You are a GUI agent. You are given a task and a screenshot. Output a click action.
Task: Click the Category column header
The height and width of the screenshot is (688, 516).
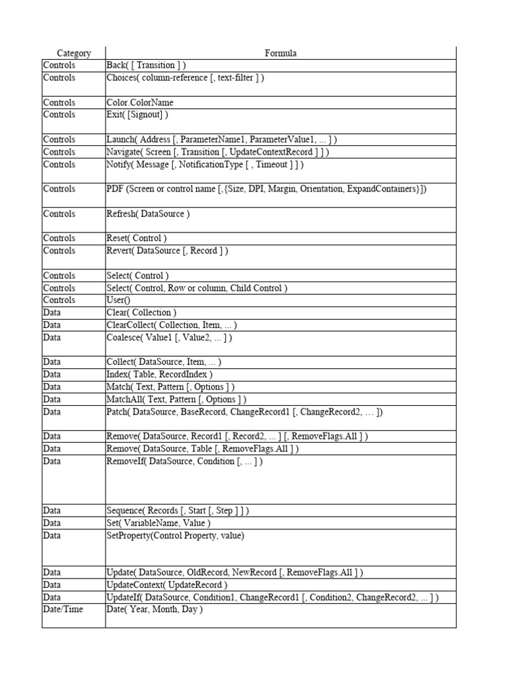(x=73, y=53)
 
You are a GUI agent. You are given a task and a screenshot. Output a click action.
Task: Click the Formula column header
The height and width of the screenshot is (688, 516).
(x=280, y=53)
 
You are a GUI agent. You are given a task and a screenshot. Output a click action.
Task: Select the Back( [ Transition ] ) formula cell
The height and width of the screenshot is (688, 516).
(x=146, y=65)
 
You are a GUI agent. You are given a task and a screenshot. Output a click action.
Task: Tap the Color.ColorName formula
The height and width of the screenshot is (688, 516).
(x=140, y=103)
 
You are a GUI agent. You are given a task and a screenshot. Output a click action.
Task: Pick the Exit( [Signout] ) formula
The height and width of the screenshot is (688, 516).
(x=137, y=115)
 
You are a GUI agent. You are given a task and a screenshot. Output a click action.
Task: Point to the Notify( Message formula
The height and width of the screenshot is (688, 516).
(x=205, y=165)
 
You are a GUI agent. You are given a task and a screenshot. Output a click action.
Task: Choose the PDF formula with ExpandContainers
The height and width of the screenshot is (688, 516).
(x=267, y=189)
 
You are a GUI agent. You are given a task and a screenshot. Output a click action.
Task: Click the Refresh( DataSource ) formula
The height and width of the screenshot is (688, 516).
(x=148, y=214)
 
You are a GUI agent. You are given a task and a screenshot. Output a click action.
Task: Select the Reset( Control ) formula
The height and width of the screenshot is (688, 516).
(x=136, y=239)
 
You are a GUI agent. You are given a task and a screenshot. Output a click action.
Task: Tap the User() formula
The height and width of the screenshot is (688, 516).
(x=120, y=300)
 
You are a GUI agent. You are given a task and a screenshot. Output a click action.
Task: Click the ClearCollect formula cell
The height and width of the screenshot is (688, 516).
(x=171, y=325)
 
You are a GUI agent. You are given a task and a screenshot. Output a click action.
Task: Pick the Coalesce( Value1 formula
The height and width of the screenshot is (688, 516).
(x=169, y=337)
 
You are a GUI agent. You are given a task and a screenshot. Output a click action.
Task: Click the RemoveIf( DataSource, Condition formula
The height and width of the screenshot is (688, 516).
(x=185, y=462)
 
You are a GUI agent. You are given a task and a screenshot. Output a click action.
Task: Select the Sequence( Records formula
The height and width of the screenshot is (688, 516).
(x=177, y=511)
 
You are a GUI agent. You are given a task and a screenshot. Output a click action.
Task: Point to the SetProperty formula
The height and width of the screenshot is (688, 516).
(x=175, y=535)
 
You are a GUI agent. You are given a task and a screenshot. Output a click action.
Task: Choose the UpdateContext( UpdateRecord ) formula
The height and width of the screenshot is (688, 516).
(x=167, y=585)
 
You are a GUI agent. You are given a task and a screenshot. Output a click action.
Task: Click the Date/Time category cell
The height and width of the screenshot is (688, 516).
(x=59, y=609)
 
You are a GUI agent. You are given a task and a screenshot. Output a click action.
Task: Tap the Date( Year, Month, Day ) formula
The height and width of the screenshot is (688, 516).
(x=155, y=609)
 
